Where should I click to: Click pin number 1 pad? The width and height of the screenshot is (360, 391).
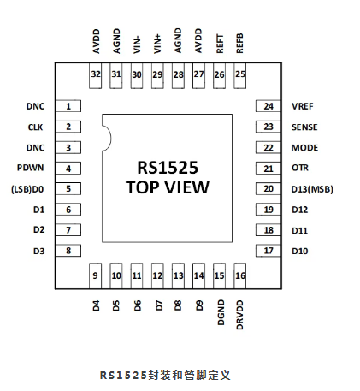(x=68, y=106)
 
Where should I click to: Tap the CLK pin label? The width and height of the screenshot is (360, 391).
(x=35, y=127)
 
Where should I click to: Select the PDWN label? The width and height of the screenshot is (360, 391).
(x=31, y=168)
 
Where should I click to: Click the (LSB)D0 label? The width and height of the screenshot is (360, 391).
(x=27, y=189)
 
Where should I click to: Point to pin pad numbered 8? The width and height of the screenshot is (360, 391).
(x=68, y=251)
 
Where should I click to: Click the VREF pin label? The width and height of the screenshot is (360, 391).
(x=303, y=106)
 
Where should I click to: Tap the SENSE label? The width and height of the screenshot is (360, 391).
(x=304, y=127)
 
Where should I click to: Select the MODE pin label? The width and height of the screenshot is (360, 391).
(x=304, y=148)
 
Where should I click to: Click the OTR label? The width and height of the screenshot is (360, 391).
(x=300, y=168)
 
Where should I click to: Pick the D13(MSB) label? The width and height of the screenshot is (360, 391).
(x=312, y=189)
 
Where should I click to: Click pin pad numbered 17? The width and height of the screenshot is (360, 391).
(x=269, y=251)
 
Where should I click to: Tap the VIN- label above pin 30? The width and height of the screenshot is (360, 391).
(x=137, y=44)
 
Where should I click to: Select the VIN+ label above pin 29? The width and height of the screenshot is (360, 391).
(x=157, y=44)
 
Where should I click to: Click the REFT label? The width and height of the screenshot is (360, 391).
(x=220, y=44)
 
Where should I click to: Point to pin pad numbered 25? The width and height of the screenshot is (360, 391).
(x=240, y=75)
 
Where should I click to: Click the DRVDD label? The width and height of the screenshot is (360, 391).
(x=240, y=315)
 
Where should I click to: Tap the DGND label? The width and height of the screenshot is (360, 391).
(x=221, y=312)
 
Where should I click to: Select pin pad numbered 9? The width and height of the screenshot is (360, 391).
(x=95, y=275)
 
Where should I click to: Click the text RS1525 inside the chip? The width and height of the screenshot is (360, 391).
(x=168, y=168)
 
